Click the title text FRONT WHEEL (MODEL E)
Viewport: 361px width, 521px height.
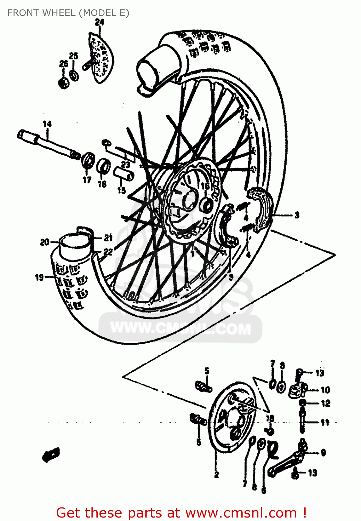coord(68,13)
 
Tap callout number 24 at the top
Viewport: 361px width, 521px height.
coord(99,22)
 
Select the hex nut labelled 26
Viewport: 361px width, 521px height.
coord(64,83)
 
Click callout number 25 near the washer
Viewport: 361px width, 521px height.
coord(73,56)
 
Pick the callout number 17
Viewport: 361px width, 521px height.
coord(87,180)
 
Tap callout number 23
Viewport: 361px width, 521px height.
coord(125,165)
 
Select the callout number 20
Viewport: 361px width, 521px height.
coord(45,242)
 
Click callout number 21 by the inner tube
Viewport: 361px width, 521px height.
coord(109,238)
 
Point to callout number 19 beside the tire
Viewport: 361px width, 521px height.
coord(39,277)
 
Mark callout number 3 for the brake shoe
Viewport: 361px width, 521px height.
coord(297,215)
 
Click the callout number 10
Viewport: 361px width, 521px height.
coord(325,390)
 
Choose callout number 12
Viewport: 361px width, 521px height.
coord(325,404)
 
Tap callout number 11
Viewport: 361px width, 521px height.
coord(325,422)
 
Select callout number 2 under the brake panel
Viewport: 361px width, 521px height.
coord(216,474)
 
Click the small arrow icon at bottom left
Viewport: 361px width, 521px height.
coord(51,454)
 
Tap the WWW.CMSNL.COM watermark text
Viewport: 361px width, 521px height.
coord(180,328)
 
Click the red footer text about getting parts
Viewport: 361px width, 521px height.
coord(181,513)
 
